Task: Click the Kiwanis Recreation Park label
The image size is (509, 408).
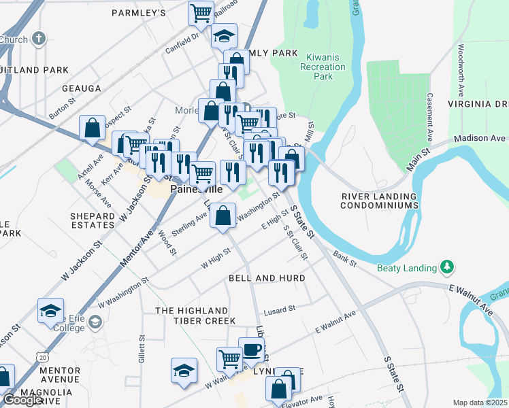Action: click(x=325, y=67)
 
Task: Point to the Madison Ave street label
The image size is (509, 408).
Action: click(x=480, y=139)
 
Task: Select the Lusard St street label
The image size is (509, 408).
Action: click(x=280, y=309)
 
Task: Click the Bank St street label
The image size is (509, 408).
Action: click(x=345, y=259)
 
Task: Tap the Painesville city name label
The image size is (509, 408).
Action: click(x=197, y=190)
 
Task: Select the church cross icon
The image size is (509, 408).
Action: click(x=39, y=39)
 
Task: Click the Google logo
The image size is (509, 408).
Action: click(x=23, y=400)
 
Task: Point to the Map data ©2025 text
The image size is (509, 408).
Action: click(x=480, y=403)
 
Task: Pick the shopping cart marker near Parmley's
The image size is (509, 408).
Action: click(x=201, y=12)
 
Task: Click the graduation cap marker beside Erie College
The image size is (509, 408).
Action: click(x=51, y=310)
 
